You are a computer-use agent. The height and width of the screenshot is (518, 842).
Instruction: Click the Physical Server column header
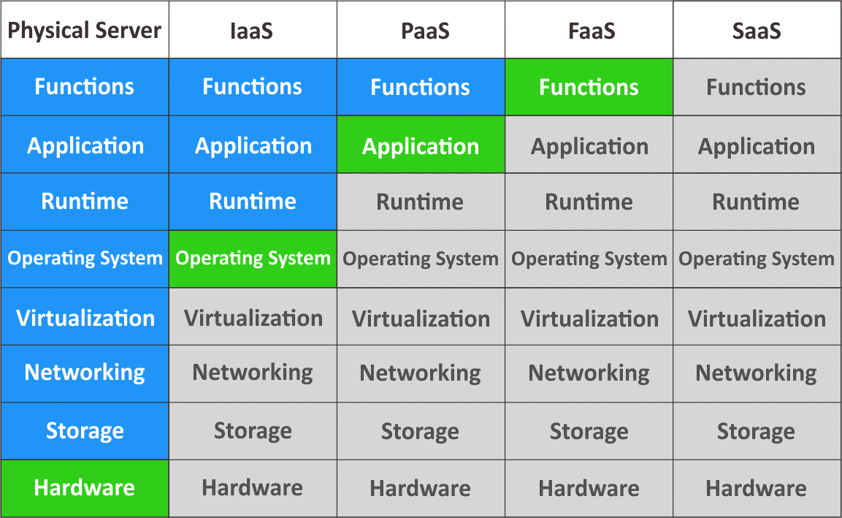(85, 31)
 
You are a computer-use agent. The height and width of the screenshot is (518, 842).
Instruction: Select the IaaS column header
(253, 31)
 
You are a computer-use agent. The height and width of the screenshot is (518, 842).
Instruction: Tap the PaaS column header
(421, 31)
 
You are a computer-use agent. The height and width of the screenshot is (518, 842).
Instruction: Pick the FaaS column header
(589, 31)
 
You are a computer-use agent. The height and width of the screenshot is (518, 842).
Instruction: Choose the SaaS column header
(757, 31)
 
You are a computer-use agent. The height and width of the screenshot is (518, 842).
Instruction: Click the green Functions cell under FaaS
(589, 87)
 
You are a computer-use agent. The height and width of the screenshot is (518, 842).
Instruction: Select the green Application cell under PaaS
(421, 145)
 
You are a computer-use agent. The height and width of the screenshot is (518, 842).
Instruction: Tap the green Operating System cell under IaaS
(253, 259)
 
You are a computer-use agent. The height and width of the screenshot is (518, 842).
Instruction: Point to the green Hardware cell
(85, 488)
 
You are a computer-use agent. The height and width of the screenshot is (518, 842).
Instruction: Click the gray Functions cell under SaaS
(757, 87)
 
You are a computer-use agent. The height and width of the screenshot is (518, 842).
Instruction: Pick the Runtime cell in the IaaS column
(253, 202)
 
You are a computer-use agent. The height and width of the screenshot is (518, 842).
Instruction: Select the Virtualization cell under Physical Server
(85, 317)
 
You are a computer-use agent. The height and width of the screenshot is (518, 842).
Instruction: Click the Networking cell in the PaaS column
(421, 373)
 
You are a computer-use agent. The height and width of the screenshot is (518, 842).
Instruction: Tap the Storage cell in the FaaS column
(589, 431)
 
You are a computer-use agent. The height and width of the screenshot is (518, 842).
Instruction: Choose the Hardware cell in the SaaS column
(757, 488)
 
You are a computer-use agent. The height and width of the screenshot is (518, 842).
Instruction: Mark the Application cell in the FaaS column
(589, 145)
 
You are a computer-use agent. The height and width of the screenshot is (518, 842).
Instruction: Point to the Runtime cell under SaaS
(757, 202)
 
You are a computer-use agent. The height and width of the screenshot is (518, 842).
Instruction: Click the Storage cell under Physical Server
(85, 431)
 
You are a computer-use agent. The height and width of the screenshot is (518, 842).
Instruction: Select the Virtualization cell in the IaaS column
(253, 317)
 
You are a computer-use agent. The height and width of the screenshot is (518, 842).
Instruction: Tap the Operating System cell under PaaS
(421, 259)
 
